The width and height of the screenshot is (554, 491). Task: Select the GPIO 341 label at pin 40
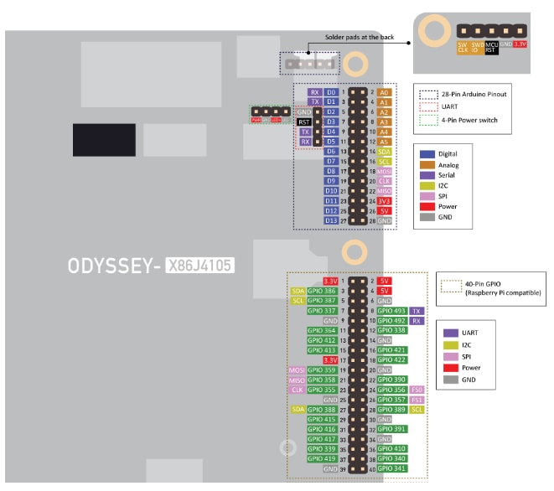click(x=391, y=468)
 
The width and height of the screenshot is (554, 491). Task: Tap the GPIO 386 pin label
click(x=322, y=291)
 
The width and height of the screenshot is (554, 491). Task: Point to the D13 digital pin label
click(x=332, y=220)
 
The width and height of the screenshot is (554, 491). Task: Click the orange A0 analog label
click(x=384, y=92)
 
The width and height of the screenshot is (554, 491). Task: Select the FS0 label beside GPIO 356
click(x=417, y=390)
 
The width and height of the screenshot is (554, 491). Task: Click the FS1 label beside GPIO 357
click(x=417, y=400)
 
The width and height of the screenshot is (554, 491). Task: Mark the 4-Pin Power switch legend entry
click(x=469, y=121)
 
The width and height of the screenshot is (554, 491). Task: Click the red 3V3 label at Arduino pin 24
click(x=384, y=200)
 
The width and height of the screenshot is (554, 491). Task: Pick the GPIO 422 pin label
click(x=391, y=359)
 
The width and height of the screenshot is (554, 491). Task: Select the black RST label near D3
click(x=305, y=121)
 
